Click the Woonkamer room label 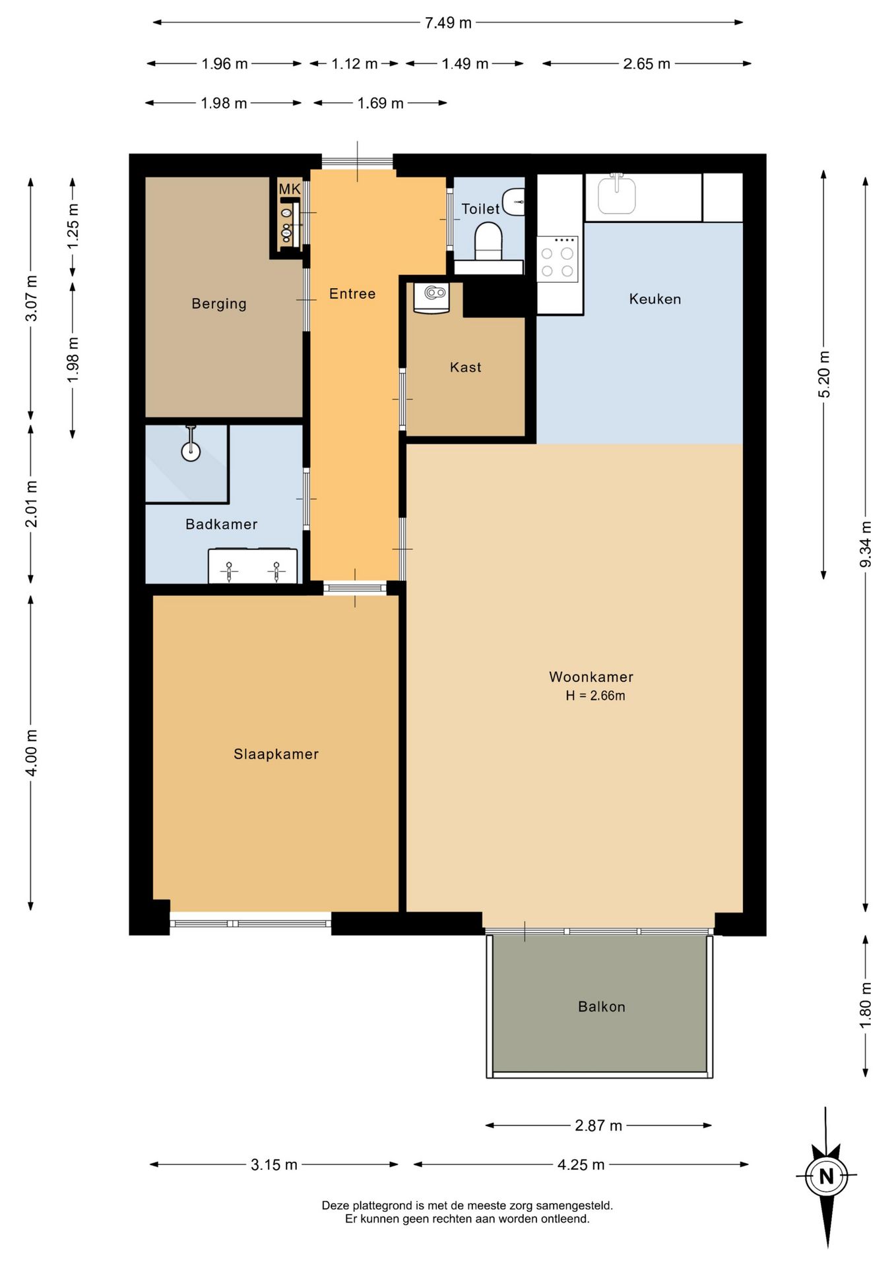[591, 677]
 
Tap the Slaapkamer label [276, 754]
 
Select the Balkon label [601, 1006]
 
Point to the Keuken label [655, 299]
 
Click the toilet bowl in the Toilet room [489, 241]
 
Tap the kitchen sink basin [617, 195]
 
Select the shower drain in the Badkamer [191, 452]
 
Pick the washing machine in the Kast [432, 297]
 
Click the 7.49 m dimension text [448, 22]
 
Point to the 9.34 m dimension [866, 544]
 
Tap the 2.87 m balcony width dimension [598, 1126]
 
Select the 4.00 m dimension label [31, 753]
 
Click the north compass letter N [826, 1176]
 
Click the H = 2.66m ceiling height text [595, 696]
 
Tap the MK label [290, 189]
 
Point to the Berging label [219, 304]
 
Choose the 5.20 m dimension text [824, 375]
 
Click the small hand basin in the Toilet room [514, 202]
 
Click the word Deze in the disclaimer [335, 1205]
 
